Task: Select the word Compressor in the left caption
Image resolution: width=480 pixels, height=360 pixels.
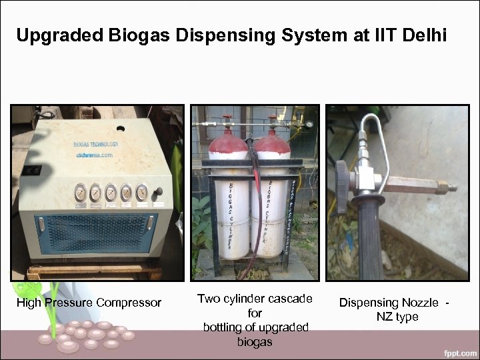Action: tap(129, 303)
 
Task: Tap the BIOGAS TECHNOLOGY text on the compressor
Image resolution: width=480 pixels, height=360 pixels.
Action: tap(96, 144)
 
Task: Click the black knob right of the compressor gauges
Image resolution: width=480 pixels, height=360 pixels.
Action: tap(158, 192)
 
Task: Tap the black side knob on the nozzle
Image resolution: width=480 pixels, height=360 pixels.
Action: tap(342, 179)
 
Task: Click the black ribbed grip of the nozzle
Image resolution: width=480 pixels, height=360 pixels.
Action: tap(371, 240)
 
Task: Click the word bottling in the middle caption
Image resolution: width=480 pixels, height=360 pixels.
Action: tap(226, 327)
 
